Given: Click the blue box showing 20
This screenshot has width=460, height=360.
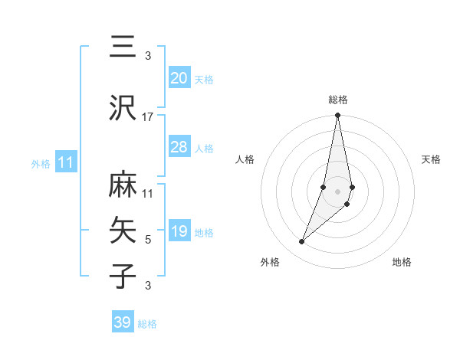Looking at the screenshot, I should (179, 78).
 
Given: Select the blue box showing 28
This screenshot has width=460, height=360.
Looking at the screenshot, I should (179, 147).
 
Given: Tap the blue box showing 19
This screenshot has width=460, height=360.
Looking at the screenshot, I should (179, 231).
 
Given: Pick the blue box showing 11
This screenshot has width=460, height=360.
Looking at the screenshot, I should (66, 162).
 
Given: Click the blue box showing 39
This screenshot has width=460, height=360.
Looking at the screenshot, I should (123, 322).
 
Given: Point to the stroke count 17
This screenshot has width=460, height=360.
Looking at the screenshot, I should (148, 117).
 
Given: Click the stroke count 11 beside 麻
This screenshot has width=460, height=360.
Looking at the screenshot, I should (148, 194).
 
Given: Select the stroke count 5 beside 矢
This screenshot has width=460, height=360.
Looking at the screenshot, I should (148, 240).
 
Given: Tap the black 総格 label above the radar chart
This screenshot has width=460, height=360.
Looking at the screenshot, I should (337, 100).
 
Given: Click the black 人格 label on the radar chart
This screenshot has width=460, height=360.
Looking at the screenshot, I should (245, 159).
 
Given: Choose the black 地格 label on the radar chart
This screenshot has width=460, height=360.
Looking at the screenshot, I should (402, 263).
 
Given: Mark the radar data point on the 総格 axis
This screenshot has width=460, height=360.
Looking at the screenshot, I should (337, 116).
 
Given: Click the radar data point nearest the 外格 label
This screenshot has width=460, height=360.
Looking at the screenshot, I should (301, 242).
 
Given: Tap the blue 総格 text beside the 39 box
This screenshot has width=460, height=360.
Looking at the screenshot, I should (147, 324).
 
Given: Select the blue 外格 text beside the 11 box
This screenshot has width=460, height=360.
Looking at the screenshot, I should (41, 163).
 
